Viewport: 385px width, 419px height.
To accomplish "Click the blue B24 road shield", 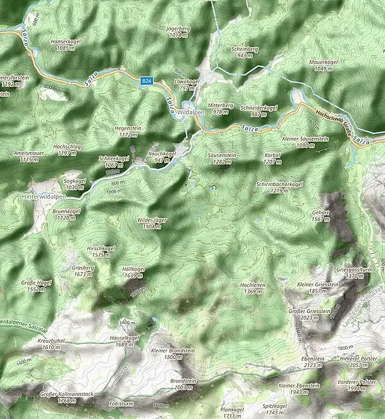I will click(x=147, y=81).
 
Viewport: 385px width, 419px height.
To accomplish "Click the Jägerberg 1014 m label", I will click(x=179, y=32).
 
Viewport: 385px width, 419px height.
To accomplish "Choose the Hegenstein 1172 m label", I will click(x=128, y=132).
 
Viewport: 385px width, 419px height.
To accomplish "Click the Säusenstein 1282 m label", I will click(x=220, y=158).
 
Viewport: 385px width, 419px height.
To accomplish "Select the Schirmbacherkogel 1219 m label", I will click(x=279, y=187).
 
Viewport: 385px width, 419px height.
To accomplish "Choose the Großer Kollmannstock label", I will click(x=67, y=397).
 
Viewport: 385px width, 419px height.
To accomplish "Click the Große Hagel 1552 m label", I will click(x=36, y=286).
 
